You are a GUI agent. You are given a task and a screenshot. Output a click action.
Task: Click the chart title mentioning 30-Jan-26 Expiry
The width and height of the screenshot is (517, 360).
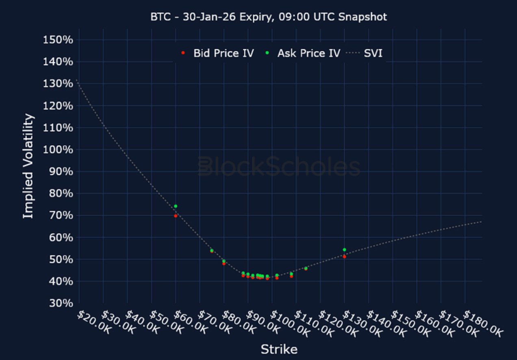[269, 17]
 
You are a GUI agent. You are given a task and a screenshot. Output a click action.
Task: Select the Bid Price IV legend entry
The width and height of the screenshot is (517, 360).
[217, 53]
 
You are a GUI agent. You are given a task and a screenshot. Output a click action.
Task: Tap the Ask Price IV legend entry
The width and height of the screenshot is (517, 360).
[303, 53]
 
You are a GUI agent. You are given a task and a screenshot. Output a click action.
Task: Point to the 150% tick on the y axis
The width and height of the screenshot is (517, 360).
[57, 40]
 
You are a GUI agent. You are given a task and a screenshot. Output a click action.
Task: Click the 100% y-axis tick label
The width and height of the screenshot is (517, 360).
[57, 150]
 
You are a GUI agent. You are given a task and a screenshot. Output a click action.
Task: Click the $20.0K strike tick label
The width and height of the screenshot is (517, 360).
[90, 323]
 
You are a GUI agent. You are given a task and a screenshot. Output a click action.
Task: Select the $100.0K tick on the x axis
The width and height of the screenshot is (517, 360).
[284, 323]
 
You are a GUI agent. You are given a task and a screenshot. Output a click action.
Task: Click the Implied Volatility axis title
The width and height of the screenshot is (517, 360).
[28, 166]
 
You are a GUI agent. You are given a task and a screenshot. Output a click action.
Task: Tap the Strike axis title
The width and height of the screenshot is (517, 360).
[279, 349]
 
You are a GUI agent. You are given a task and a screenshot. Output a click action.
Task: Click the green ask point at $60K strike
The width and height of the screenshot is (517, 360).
[176, 206]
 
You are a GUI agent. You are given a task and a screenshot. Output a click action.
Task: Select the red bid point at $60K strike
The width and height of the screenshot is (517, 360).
[176, 216]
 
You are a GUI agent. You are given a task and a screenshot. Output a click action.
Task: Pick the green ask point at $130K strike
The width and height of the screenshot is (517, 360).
[344, 250]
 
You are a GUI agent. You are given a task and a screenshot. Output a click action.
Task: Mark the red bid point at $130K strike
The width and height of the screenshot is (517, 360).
[344, 257]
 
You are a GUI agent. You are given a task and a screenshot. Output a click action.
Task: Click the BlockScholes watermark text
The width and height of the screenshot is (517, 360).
[279, 167]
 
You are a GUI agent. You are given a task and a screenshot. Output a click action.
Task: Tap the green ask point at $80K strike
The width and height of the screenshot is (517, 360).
[224, 261]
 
